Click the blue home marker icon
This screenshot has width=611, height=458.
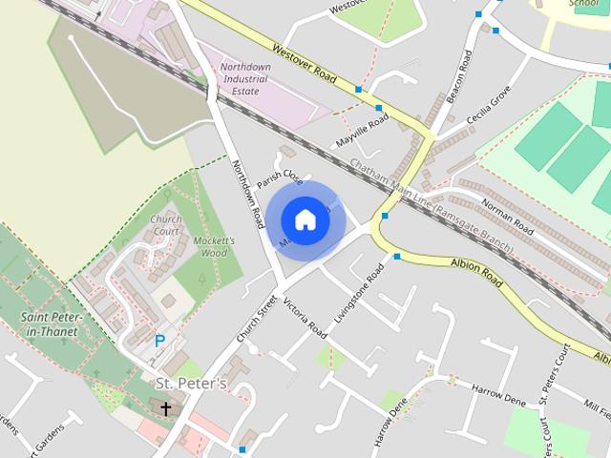[x=305, y=219]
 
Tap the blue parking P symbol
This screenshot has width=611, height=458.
[x=159, y=340]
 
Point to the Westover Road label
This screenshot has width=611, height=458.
[x=305, y=63]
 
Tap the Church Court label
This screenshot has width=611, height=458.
[x=165, y=225]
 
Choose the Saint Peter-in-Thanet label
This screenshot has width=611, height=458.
[x=53, y=323]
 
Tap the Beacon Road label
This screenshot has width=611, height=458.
[x=463, y=78]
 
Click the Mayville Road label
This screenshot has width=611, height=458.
[x=362, y=132]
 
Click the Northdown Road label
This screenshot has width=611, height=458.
[x=247, y=193]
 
